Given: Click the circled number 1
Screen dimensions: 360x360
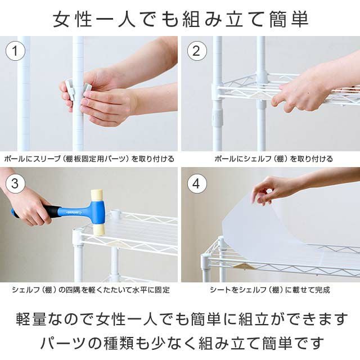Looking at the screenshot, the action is coord(15,51).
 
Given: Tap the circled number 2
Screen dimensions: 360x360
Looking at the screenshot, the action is coord(197,51).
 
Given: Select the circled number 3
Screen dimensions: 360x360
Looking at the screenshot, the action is coord(15,183).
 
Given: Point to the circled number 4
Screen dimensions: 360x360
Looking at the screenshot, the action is coord(197,183).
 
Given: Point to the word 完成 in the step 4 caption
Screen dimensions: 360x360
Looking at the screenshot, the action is coord(322,290).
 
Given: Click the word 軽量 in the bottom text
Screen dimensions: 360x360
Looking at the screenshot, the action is coord(31,319).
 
